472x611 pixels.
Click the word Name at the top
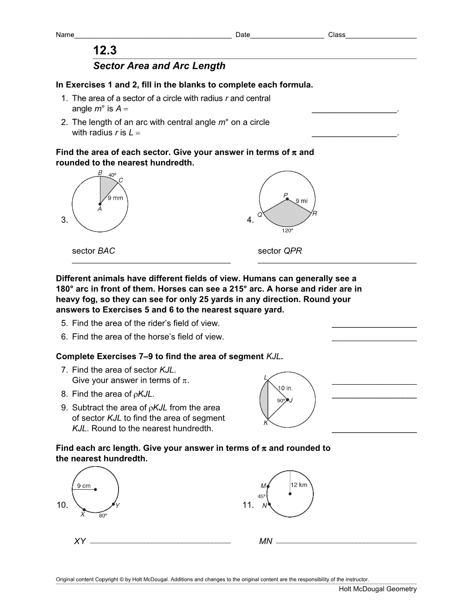65,35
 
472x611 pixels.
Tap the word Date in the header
242,35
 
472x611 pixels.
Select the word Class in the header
336,35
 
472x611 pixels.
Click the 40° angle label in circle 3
112,175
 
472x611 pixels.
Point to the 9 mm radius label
115,198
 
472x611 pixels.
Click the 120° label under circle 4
287,231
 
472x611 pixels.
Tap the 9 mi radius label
301,201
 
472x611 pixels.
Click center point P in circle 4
287,199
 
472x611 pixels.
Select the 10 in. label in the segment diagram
285,388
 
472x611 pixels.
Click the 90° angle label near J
281,401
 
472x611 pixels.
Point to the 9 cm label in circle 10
84,486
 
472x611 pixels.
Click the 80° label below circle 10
103,515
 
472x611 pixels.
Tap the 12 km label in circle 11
299,485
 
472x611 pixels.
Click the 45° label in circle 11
261,496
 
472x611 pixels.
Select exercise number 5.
64,323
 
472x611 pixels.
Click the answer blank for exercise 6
374,337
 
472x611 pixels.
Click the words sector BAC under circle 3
93,251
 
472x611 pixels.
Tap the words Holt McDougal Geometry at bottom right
378,589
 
